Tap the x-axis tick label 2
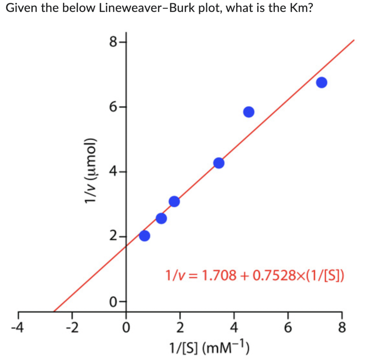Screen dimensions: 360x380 click(180, 328)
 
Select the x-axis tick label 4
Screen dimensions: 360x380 click(234, 328)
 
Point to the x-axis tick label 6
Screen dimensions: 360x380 click(288, 328)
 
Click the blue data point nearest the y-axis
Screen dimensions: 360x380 click(144, 236)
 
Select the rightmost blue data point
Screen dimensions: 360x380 click(321, 82)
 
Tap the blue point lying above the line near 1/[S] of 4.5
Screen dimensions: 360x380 click(249, 112)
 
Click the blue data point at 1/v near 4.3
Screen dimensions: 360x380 click(219, 163)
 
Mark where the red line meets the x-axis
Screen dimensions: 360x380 click(54, 311)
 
